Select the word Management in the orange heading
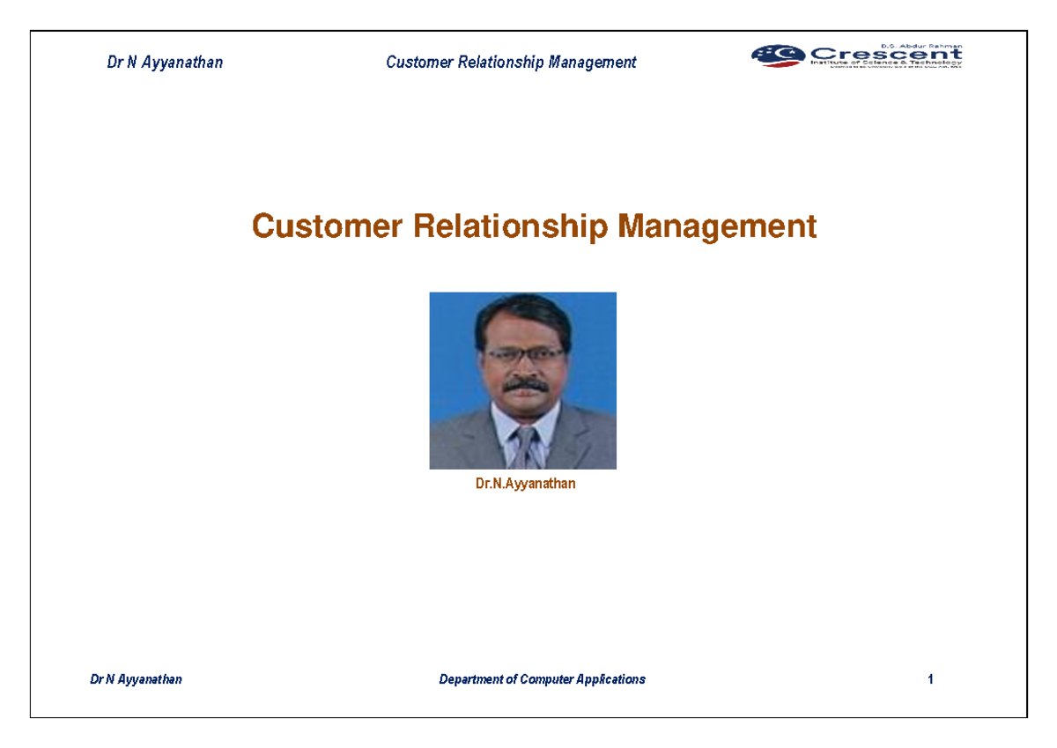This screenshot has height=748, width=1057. [x=717, y=227]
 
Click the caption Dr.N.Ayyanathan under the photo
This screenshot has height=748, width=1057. [x=525, y=484]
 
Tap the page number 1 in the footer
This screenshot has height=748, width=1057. [x=930, y=679]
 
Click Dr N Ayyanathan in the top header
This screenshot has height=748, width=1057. [x=165, y=63]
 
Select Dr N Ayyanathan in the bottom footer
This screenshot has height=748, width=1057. [x=137, y=679]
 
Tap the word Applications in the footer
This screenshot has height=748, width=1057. [x=611, y=679]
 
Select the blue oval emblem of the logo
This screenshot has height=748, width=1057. [x=777, y=55]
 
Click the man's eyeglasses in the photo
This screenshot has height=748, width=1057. [x=524, y=354]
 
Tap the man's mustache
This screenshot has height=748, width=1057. [x=526, y=385]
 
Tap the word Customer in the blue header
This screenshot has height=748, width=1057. [x=418, y=63]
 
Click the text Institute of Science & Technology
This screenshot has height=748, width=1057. [x=885, y=63]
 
